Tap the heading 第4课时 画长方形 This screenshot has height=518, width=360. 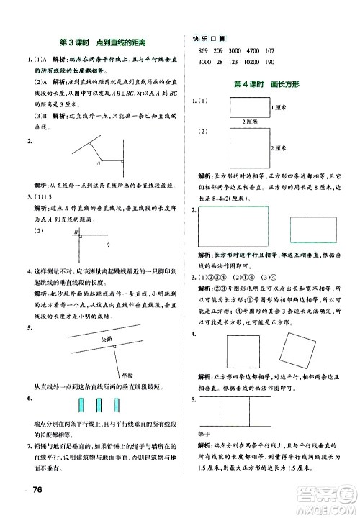(266, 85)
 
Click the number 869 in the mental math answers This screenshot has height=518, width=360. (202, 50)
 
